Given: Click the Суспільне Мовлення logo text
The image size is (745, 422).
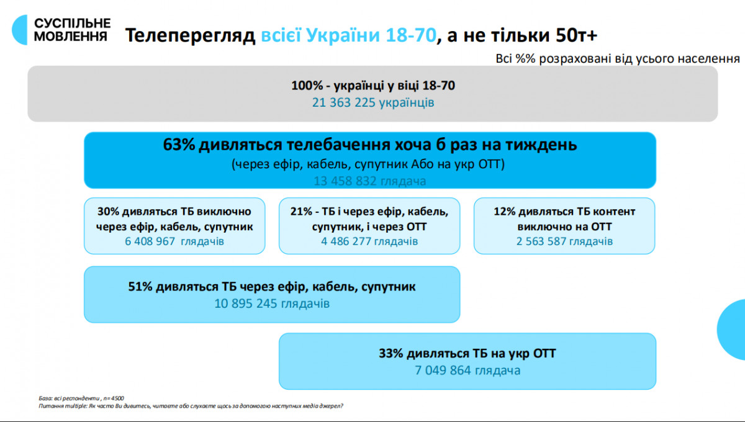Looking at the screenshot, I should tap(72, 29).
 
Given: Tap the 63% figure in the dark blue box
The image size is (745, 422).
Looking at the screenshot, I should tap(179, 145).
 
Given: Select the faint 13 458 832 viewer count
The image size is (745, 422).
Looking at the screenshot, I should tap(346, 181).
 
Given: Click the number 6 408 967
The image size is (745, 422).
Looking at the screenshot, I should tap(150, 241).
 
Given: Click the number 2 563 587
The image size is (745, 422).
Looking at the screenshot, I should tap(540, 241).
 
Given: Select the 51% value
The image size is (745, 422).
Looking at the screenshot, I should tap(140, 287).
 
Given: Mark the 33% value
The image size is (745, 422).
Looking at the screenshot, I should tap(391, 354).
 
